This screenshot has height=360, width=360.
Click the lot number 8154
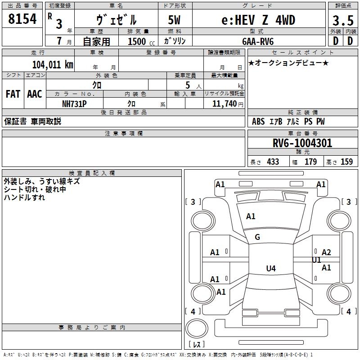tap(22, 19)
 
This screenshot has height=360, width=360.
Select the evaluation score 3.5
tap(343, 20)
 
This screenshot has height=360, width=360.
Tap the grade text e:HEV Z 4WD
tap(258, 20)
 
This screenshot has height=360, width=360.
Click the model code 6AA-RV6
tap(258, 41)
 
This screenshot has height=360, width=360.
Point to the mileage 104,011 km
tap(53, 65)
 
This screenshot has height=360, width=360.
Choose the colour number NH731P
tap(74, 104)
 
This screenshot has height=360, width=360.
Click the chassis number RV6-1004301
tap(302, 143)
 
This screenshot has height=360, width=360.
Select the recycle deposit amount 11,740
tap(224, 104)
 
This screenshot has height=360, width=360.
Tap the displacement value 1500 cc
tap(141, 41)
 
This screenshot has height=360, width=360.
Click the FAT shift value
tap(13, 94)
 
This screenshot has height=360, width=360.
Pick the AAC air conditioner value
tap(35, 94)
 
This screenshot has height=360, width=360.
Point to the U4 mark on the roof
tap(271, 268)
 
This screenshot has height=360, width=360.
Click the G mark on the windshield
tap(257, 237)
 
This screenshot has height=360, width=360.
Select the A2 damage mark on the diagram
tap(326, 252)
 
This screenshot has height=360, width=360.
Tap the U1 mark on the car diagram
tap(316, 260)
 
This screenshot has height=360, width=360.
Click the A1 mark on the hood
tap(251, 216)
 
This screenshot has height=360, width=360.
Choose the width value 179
tap(310, 162)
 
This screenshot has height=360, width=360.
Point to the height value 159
tap(346, 162)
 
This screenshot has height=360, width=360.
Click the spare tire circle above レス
tap(197, 328)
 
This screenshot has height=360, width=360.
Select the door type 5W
tap(174, 20)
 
